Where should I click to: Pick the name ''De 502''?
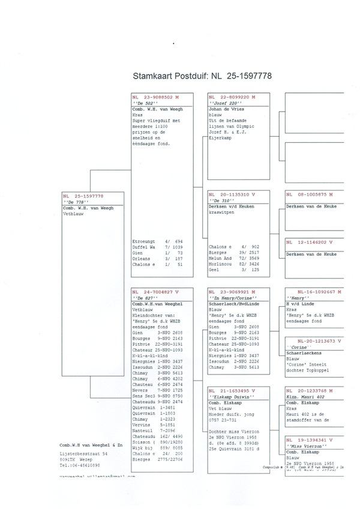point(143,102)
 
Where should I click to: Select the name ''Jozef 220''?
point(223,102)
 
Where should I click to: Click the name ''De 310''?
point(220,201)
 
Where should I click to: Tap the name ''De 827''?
point(143,298)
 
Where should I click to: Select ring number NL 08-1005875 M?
point(311,195)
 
